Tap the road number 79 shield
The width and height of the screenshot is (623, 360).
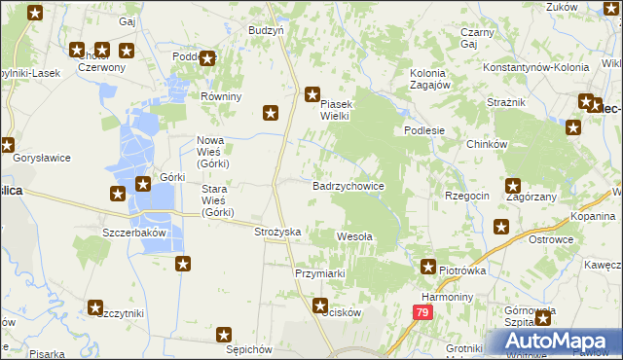[421, 312]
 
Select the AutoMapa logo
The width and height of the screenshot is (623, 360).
[554, 342]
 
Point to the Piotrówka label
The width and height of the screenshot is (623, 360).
[461, 270]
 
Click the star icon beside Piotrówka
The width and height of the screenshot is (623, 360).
[427, 266]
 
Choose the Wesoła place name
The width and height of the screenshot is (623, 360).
[353, 235]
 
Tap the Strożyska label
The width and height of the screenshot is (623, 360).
[277, 232]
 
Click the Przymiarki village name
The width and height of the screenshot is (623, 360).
[320, 273]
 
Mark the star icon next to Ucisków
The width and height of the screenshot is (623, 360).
[319, 306]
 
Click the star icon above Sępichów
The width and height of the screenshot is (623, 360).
[223, 335]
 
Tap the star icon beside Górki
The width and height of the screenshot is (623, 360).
[142, 182]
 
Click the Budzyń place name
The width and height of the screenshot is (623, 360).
[266, 30]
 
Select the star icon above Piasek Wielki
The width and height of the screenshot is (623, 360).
[311, 94]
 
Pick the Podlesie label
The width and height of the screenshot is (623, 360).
[425, 131]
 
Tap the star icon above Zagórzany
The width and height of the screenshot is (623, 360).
[513, 186]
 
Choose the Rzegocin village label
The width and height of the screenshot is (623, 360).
[467, 196]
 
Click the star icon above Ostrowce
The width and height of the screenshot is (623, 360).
[501, 227]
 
